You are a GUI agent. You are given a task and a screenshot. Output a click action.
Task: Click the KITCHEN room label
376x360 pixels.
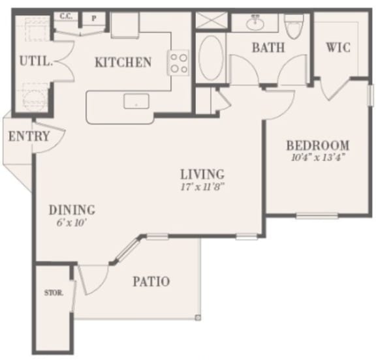[123, 63]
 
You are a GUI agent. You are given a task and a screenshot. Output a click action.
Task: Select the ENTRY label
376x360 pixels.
[29, 136]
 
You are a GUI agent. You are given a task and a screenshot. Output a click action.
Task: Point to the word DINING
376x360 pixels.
[72, 210]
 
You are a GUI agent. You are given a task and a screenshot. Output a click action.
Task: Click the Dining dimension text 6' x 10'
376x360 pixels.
[71, 222]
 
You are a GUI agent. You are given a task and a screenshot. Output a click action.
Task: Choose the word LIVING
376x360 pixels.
[202, 174]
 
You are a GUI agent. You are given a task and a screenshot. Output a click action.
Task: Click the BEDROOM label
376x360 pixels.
[318, 145]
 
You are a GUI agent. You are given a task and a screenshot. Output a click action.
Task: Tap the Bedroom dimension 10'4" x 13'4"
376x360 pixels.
[318, 157]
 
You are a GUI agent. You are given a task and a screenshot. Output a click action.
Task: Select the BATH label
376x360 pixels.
[268, 48]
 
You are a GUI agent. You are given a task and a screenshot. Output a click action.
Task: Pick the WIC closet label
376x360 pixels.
[339, 48]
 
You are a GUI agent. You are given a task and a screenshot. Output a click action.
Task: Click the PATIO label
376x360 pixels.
[151, 282]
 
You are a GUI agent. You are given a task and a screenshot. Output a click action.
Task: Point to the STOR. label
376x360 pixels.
[54, 293]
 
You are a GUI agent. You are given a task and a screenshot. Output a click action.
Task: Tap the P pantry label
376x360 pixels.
[93, 18]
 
